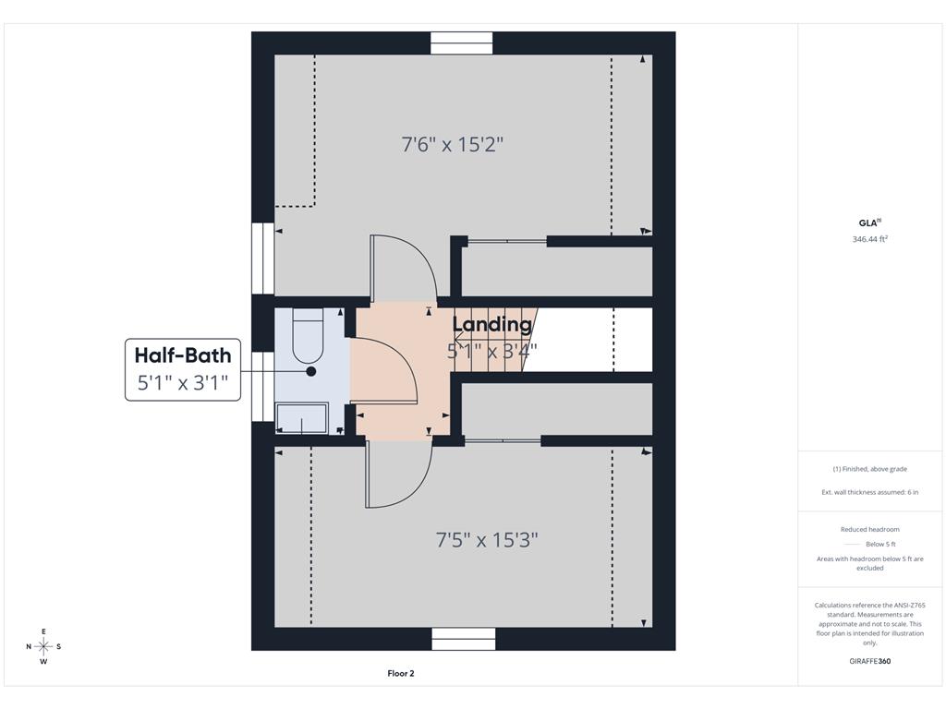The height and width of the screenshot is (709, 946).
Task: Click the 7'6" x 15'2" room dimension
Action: point(453,145)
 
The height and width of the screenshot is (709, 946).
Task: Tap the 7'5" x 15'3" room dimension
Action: point(487,539)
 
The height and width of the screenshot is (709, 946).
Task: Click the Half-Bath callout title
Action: point(183,355)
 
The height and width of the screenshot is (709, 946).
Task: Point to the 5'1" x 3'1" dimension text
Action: point(183,382)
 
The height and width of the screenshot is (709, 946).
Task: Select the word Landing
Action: point(492,324)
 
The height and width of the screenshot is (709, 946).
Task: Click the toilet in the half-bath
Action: point(309,336)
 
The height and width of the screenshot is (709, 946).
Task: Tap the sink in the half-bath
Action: point(302,418)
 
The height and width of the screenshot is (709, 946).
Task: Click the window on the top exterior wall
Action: point(462,42)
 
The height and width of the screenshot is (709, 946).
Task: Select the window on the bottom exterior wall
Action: point(464,639)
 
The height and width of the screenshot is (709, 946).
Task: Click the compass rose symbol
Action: point(43,646)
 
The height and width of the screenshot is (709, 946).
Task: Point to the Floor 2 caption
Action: point(401,673)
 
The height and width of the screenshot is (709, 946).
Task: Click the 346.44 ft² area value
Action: point(870,239)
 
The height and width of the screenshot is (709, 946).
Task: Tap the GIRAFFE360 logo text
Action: point(870,661)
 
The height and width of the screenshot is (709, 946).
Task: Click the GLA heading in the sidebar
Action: point(869,222)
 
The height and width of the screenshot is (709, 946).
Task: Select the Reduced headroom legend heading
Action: point(870,529)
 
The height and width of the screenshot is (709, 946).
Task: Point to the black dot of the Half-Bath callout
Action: point(311,371)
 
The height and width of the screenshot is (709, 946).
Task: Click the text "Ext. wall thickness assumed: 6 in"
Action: point(870,492)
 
